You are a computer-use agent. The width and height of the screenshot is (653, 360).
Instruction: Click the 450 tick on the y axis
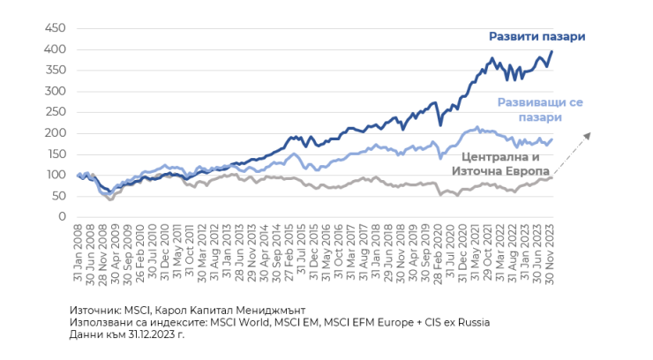(x=56, y=28)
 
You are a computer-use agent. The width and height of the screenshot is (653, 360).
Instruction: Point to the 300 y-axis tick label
(x=56, y=91)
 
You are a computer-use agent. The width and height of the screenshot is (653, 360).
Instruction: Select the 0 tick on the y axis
(x=62, y=216)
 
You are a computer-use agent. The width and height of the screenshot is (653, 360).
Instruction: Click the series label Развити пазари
(x=537, y=36)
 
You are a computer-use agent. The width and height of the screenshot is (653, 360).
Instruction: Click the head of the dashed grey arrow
(x=588, y=133)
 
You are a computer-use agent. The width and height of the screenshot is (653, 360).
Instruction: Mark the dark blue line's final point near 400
(x=552, y=51)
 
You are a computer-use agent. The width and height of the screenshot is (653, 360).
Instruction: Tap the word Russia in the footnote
(x=473, y=322)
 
